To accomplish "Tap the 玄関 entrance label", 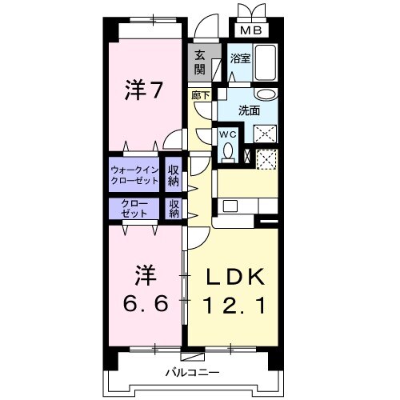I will point(199,62).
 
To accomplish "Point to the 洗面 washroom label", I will point(249,110).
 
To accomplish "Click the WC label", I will point(226,135).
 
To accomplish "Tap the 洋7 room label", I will point(144,90).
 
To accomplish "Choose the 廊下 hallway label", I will point(201,95).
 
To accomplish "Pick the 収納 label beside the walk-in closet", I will point(173,174).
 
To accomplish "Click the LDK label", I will point(233,276).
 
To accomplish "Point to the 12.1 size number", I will point(233,305).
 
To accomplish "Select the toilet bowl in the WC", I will point(228,150).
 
